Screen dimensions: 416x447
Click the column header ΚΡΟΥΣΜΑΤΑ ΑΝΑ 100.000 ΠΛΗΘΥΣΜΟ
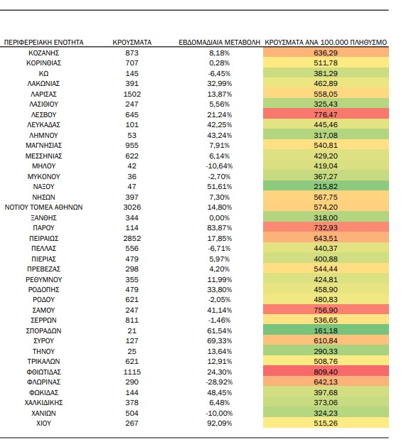point(326,43)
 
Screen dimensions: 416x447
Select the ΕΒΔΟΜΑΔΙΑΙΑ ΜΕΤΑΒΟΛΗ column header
point(220,43)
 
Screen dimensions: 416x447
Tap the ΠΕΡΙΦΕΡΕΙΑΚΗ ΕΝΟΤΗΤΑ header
point(43,43)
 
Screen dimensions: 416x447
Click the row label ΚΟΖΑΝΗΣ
point(43,53)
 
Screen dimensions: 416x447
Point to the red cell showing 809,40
point(326,372)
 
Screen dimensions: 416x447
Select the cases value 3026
point(132,208)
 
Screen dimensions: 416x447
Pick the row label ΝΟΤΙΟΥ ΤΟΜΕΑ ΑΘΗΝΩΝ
point(43,208)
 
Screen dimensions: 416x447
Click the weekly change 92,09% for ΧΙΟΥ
point(220,424)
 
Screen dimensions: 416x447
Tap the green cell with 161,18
point(326,330)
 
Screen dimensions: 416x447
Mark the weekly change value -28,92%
point(220,382)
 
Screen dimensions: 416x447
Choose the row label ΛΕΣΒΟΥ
point(43,115)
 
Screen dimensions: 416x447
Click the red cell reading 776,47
point(326,114)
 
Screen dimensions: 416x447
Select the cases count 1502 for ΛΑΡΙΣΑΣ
point(132,94)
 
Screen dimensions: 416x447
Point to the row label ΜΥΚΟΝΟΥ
point(43,177)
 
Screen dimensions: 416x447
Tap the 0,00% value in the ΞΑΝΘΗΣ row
point(220,218)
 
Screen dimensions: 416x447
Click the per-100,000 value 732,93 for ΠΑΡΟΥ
point(326,228)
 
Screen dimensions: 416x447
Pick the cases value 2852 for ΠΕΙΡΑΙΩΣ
point(132,238)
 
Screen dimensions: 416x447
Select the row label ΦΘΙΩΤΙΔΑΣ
point(43,372)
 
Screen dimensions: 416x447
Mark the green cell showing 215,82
point(326,186)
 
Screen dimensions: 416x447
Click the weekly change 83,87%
point(220,228)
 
